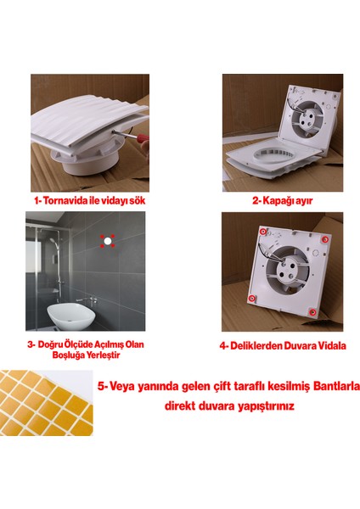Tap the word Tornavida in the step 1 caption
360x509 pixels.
pos(73,202)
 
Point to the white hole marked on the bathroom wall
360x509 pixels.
pos(108,241)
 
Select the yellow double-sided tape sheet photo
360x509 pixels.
pos(44,400)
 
